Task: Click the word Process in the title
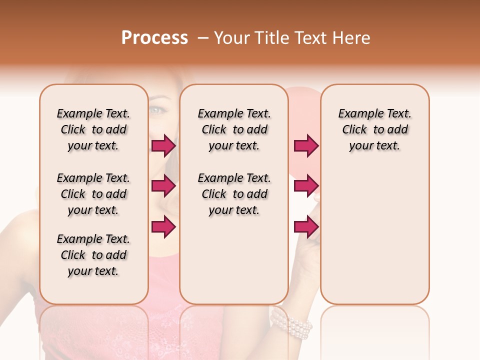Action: point(154,38)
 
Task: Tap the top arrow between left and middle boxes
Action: point(163,146)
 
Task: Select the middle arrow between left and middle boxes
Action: point(163,186)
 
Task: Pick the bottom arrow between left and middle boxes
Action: point(163,227)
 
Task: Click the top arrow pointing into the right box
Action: point(306,146)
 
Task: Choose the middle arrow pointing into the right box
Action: point(306,186)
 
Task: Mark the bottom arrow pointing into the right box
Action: point(306,227)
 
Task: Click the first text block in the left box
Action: point(93,130)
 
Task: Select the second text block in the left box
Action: point(93,194)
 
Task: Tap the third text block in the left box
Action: point(93,255)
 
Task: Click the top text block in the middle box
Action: point(234,130)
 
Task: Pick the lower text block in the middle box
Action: point(234,194)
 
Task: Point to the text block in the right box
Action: point(375,130)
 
